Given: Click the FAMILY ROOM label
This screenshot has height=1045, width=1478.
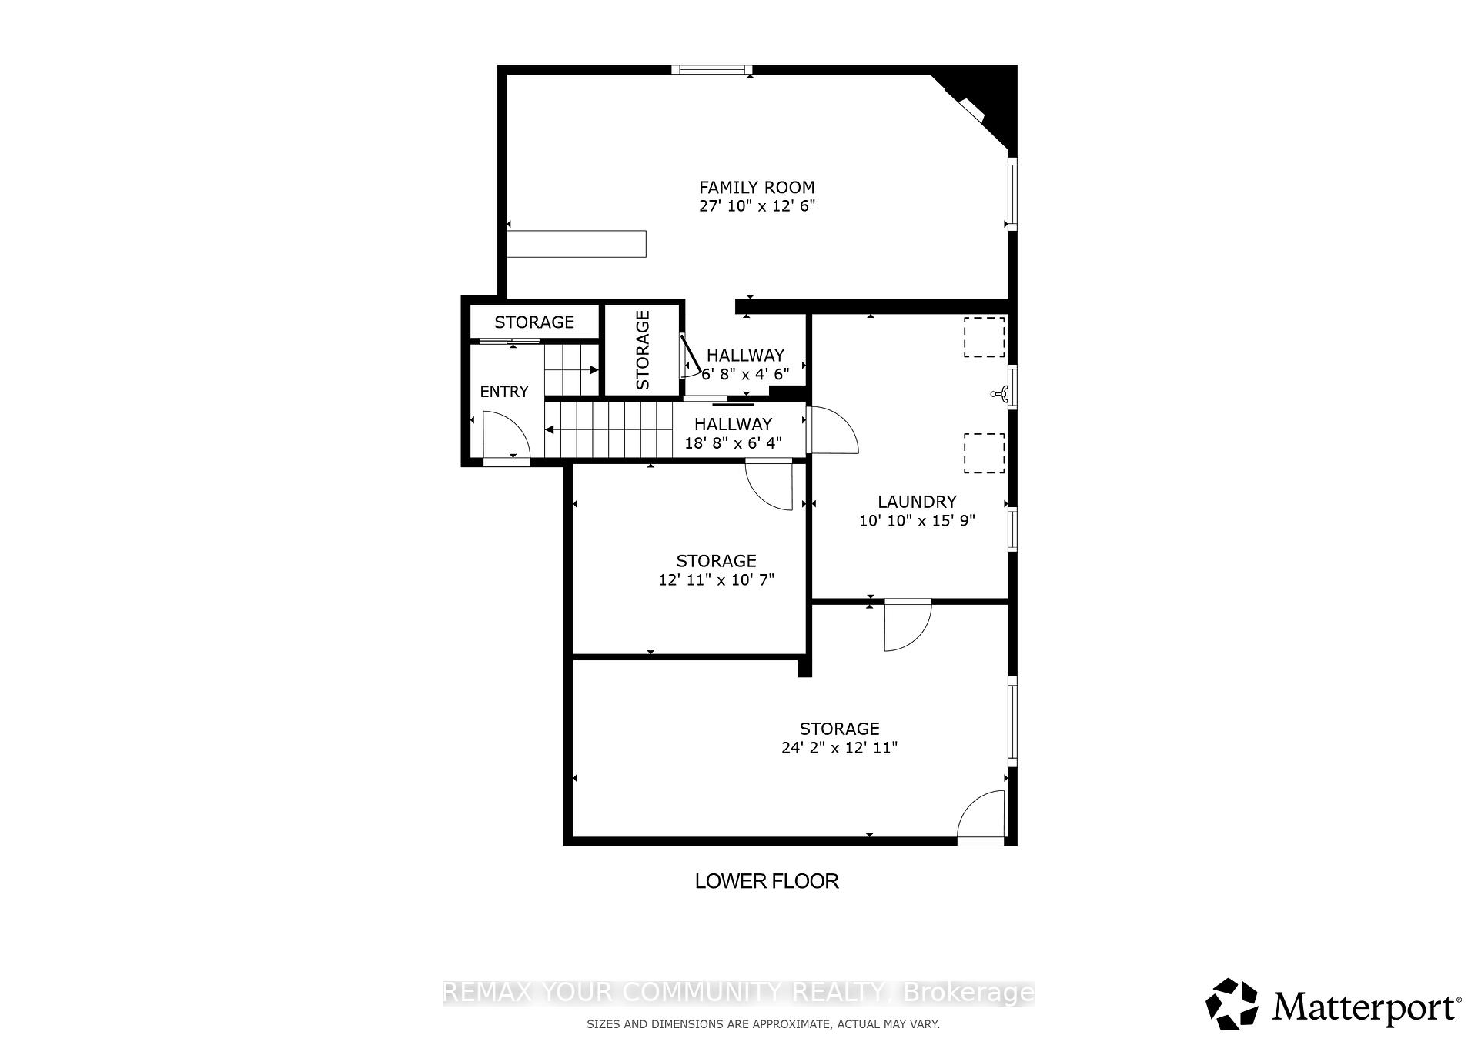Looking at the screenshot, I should [x=757, y=187].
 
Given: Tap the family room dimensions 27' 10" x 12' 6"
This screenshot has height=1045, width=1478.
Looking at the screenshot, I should [x=757, y=206].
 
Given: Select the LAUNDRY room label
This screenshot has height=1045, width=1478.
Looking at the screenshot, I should [x=917, y=502].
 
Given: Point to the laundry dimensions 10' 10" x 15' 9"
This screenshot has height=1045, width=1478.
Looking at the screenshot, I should [x=917, y=521].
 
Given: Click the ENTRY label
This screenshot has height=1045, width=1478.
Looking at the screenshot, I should [x=504, y=392].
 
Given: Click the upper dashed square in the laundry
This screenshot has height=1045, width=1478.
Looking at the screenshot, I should [x=984, y=337].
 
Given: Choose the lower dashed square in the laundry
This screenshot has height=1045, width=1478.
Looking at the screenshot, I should [x=984, y=453].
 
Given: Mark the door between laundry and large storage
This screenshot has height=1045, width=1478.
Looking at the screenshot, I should [x=908, y=625].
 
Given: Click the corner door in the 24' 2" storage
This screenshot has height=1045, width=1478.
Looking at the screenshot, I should [x=981, y=817].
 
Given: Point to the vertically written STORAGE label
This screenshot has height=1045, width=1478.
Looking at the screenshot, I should [x=643, y=350].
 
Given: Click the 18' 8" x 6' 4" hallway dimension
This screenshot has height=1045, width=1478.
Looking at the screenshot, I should [x=733, y=443].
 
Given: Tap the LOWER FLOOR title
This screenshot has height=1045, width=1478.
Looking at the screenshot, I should [x=767, y=881].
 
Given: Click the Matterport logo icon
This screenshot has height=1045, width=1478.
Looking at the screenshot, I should [x=1232, y=1004].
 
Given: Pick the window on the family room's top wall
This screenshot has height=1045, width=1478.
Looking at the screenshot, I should [x=711, y=70].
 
